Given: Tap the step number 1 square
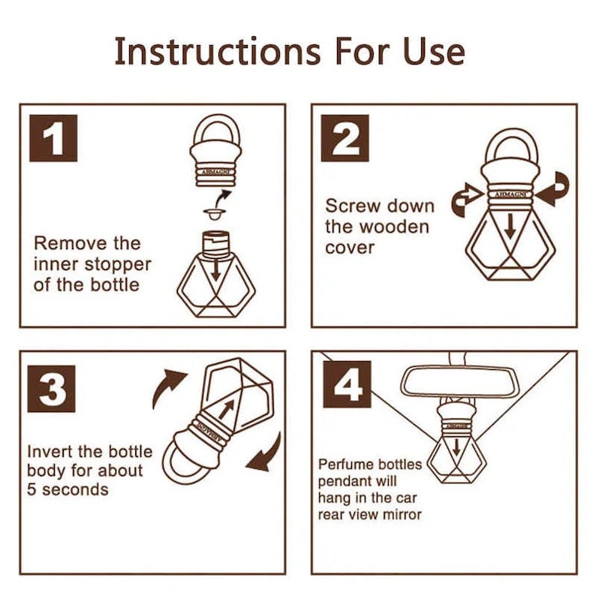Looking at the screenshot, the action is [x=53, y=138].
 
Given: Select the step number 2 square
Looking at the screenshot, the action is [x=345, y=138].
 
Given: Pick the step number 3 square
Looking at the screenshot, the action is [x=51, y=389].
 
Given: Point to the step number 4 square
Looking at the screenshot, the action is [x=347, y=384].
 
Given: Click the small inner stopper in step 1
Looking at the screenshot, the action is [x=215, y=214].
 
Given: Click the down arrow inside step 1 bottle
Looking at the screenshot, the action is [x=216, y=270].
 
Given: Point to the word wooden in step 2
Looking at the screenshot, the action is [x=394, y=227].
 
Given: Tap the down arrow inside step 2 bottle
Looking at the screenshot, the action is [x=510, y=225].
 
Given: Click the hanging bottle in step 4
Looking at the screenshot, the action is [x=456, y=444].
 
